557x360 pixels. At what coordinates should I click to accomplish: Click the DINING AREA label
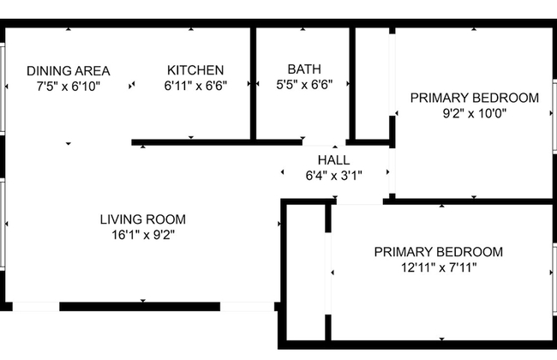point(69,71)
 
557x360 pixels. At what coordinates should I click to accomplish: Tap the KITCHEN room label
point(195,70)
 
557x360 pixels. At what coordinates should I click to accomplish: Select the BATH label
point(304,69)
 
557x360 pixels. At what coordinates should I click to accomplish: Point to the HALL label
point(334,160)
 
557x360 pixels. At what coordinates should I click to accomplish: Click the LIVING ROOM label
point(143,219)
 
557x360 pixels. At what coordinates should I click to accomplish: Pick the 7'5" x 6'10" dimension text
point(69,87)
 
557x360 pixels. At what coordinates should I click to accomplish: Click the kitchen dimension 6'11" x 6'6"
point(195,86)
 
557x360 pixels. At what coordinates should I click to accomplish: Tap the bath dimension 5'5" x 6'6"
point(304,85)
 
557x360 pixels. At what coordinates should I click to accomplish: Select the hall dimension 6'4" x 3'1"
point(334,176)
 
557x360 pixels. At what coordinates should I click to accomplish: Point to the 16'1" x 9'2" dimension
point(143,235)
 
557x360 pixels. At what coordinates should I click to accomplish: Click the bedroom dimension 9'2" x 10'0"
point(475,113)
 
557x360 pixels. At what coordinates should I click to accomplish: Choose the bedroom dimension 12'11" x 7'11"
point(439,267)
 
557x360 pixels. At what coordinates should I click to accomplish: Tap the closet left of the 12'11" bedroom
point(306,273)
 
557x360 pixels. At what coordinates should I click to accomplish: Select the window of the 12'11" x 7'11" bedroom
point(554,279)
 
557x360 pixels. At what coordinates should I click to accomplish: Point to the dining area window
point(3,89)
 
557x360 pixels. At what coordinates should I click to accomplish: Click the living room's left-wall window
point(3,225)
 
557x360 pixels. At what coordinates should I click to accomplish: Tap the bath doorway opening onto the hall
point(324,143)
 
